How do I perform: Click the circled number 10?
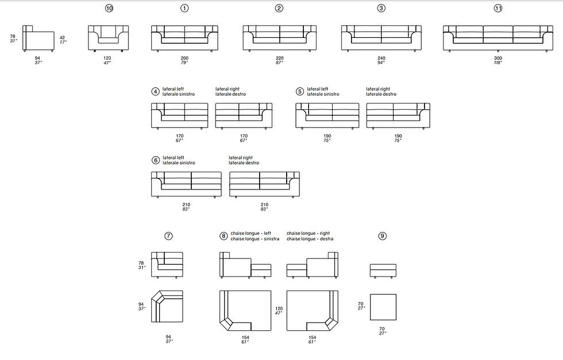pyautogui.click(x=109, y=8)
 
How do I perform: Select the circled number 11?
pyautogui.click(x=498, y=8)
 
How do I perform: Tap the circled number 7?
pyautogui.click(x=168, y=236)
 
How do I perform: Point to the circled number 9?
pyautogui.click(x=383, y=236)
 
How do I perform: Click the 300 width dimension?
pyautogui.click(x=498, y=58)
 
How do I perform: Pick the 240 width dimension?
pyautogui.click(x=381, y=58)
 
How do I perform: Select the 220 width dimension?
pyautogui.click(x=279, y=58)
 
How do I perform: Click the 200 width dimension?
pyautogui.click(x=184, y=58)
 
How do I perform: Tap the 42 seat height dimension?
pyautogui.click(x=63, y=37)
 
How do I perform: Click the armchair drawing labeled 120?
pyautogui.click(x=109, y=38)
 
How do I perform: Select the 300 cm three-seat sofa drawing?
pyautogui.click(x=498, y=38)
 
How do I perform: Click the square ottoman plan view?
pyautogui.click(x=383, y=307)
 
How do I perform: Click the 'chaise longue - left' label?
pyautogui.click(x=251, y=233)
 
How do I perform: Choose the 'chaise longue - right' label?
pyautogui.click(x=308, y=233)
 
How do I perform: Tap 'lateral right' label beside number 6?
pyautogui.click(x=241, y=157)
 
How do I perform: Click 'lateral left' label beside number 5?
pyautogui.click(x=317, y=89)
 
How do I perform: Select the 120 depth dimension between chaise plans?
pyautogui.click(x=279, y=308)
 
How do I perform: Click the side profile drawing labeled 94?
pyautogui.click(x=38, y=38)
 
